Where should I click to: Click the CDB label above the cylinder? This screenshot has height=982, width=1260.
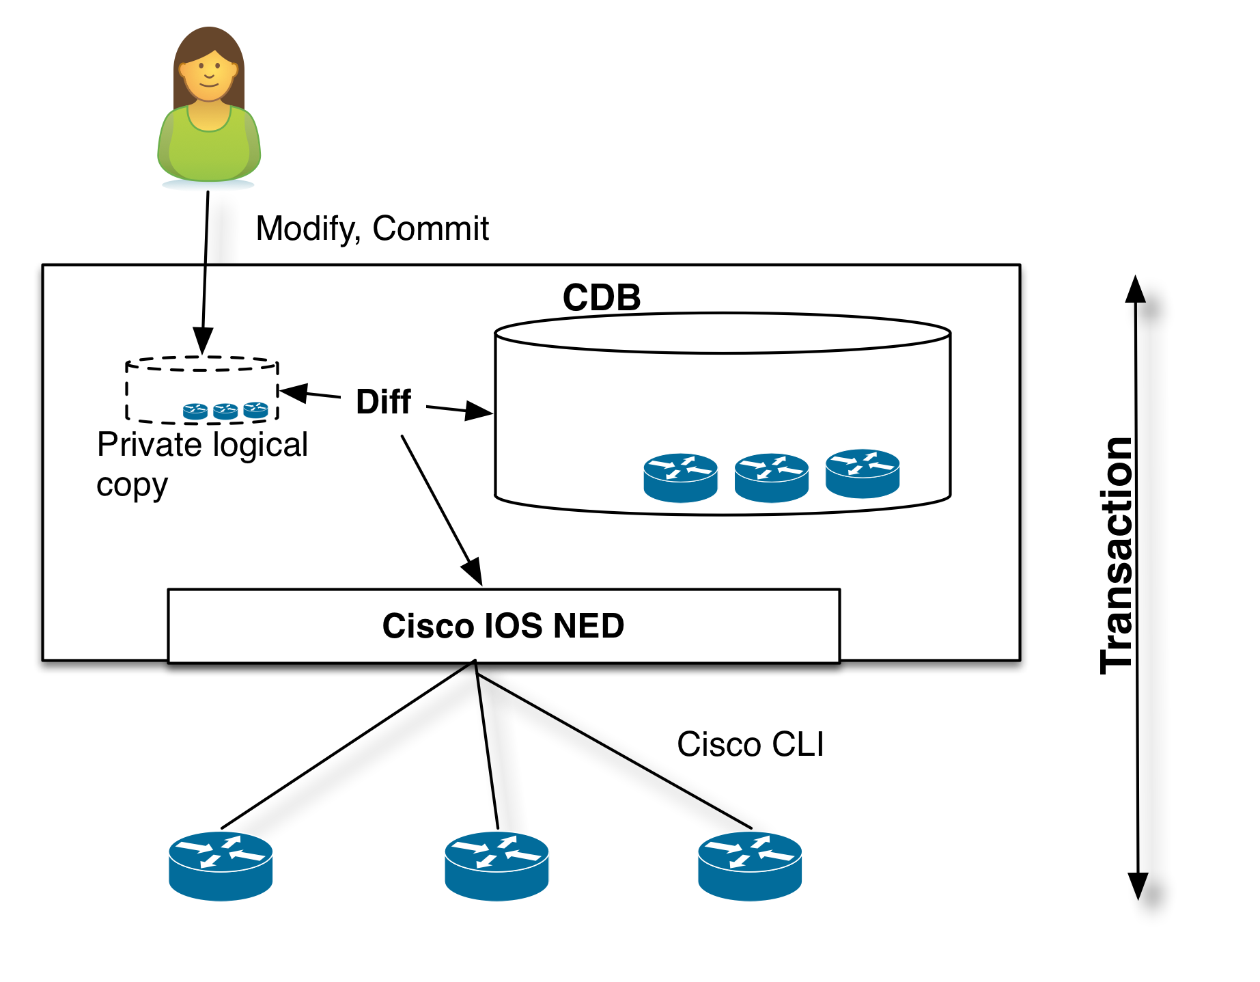coord(602,297)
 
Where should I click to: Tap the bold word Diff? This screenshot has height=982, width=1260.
coord(383,402)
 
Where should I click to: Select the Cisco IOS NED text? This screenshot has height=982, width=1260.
coord(503,626)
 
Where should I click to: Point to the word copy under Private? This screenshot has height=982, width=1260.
coord(132,485)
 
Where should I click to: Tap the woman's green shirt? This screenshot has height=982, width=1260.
coord(209,147)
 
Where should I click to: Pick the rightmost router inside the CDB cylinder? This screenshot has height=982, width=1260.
coord(863,473)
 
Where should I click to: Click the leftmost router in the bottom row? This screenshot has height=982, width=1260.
coord(221,865)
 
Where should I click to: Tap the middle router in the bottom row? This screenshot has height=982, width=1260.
coord(496,865)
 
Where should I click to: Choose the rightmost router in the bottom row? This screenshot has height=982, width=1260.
coord(749,865)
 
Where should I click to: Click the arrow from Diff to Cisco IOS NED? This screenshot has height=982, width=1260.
coord(442,510)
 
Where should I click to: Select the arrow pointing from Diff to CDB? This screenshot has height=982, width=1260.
coord(459,410)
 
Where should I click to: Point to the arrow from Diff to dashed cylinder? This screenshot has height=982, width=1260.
coord(311,394)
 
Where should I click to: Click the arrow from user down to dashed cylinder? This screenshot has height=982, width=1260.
coord(204,308)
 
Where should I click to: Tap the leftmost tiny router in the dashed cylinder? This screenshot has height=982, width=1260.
coord(195,411)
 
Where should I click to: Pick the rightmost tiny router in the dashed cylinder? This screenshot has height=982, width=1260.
coord(255,409)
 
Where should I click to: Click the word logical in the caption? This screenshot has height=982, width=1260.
coord(260,445)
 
